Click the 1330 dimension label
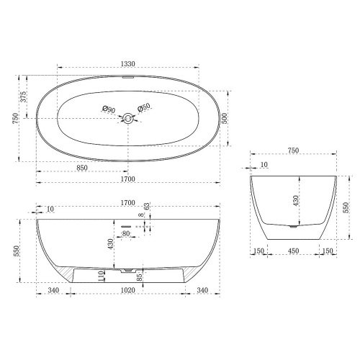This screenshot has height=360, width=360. pyautogui.click(x=128, y=64)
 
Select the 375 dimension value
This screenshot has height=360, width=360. pyautogui.click(x=23, y=96)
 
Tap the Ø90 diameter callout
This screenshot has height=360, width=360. pyautogui.click(x=109, y=109)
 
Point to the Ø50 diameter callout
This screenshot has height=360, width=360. pyautogui.click(x=144, y=107)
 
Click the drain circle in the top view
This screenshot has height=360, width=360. pyautogui.click(x=128, y=118)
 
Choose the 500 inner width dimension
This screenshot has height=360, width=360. pyautogui.click(x=224, y=118)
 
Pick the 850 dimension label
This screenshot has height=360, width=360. pyautogui.click(x=82, y=168)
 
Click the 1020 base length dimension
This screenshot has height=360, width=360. pyautogui.click(x=127, y=290)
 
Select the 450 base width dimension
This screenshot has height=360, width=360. pyautogui.click(x=293, y=251)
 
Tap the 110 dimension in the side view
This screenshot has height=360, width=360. pyautogui.click(x=102, y=276)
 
